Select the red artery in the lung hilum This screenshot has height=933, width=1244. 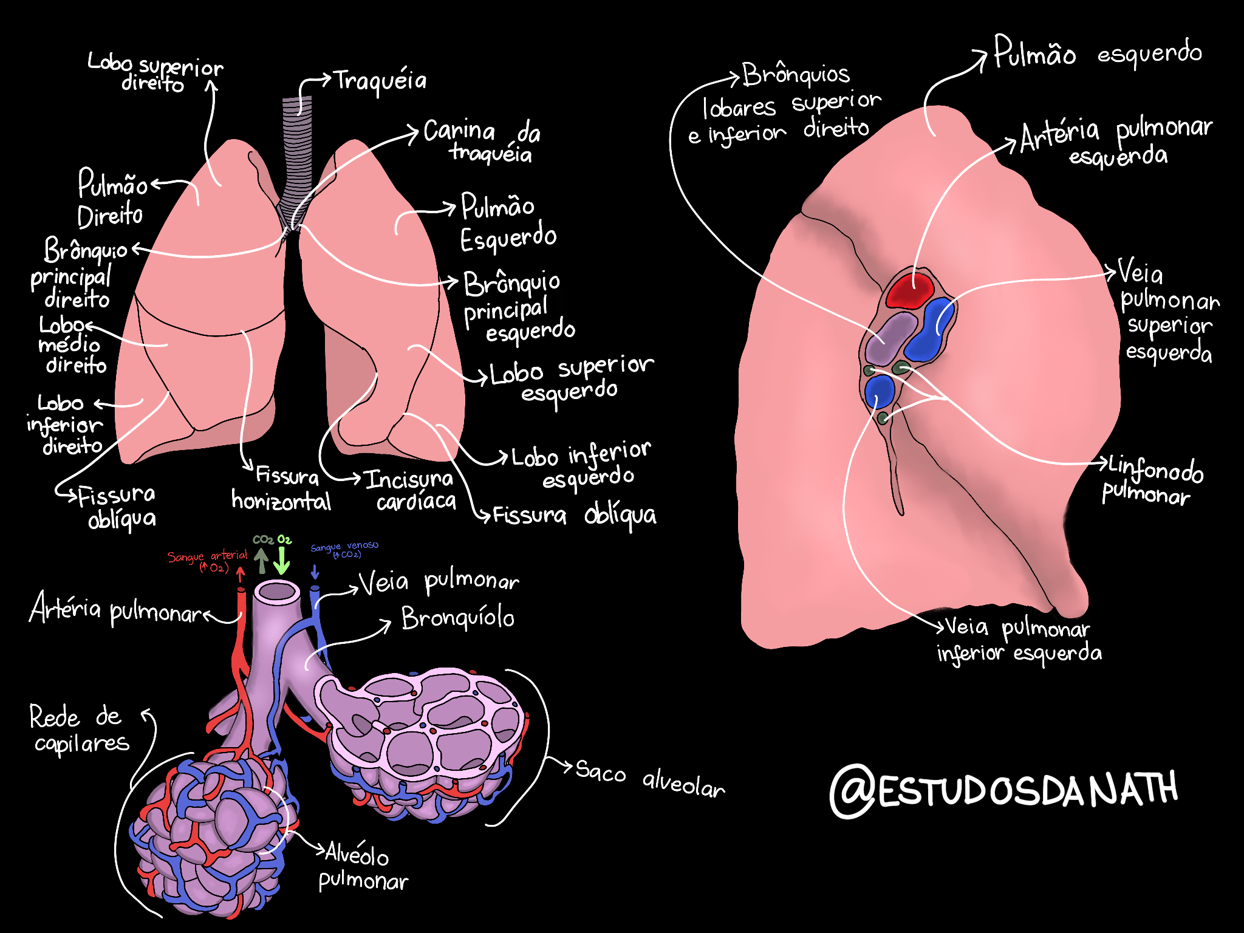[x=909, y=290]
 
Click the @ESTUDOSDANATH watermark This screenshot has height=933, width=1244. [x=1003, y=790]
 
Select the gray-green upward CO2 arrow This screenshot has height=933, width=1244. [x=261, y=560]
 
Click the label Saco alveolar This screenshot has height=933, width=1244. [x=649, y=779]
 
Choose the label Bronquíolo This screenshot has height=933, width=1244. [x=457, y=618]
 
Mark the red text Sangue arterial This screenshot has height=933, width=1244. [x=207, y=561]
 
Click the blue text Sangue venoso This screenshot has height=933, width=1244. [x=344, y=549]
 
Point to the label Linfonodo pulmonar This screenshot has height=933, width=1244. [x=1152, y=481]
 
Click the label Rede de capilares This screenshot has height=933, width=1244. [x=78, y=730]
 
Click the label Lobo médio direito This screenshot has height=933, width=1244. [x=71, y=345]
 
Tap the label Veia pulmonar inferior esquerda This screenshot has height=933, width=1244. [x=1019, y=640]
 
